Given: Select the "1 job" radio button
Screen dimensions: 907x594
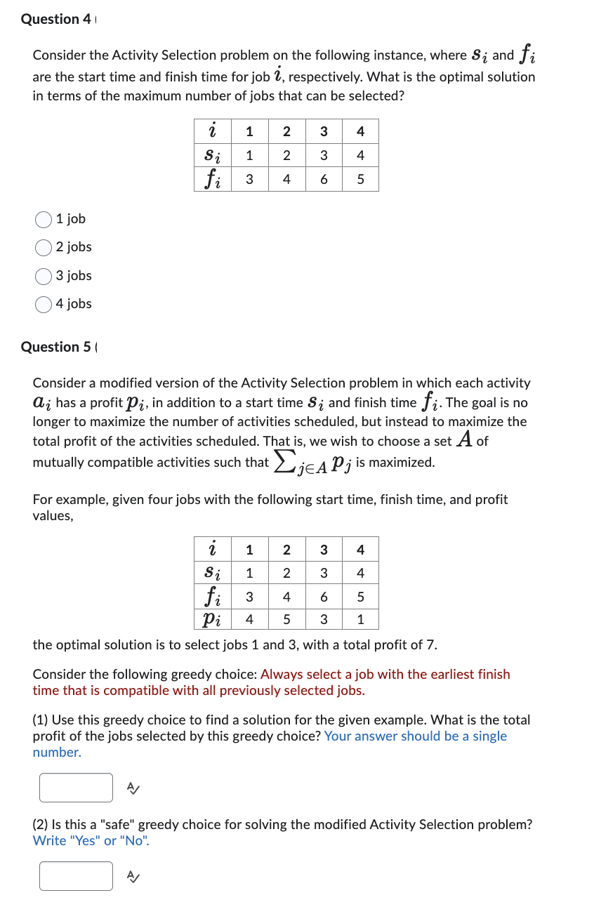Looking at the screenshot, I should (44, 220).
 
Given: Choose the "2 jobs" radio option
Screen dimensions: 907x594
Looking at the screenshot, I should (44, 248).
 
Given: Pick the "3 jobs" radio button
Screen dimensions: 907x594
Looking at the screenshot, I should (44, 276).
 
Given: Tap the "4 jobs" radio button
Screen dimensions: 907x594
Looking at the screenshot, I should (44, 304).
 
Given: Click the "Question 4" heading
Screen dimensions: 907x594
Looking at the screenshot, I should (55, 19).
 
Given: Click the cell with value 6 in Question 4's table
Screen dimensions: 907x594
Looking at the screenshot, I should (323, 179).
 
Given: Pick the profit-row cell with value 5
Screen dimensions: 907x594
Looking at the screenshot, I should (286, 619).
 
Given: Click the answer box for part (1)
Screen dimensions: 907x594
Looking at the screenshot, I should (76, 788).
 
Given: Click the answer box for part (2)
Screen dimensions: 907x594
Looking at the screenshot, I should (76, 876).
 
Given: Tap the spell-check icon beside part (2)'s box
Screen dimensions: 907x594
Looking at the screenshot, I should (133, 876).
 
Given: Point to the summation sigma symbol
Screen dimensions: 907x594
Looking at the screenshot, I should (283, 461).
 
